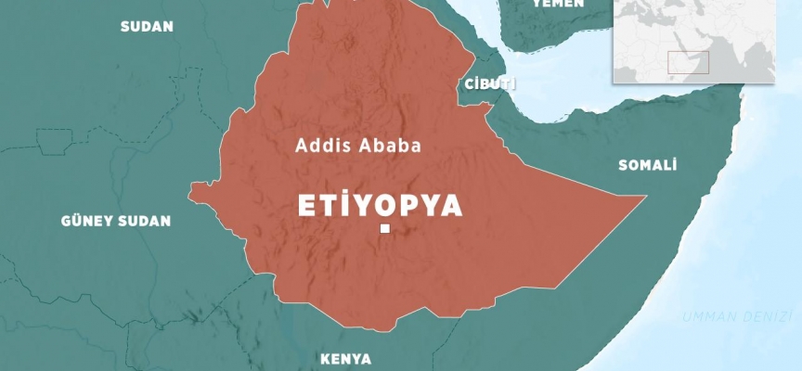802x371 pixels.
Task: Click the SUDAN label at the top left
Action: [x=147, y=26]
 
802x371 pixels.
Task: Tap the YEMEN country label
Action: [x=557, y=4]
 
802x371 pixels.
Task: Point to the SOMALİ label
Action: [x=647, y=165]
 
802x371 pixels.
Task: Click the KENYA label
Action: [x=345, y=358]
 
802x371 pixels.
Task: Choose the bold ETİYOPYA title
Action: [x=380, y=206]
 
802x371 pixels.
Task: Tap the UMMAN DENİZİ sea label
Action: [x=737, y=317]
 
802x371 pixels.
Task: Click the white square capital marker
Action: [x=383, y=229]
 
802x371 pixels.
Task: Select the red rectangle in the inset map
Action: [x=688, y=62]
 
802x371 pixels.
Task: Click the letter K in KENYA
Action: [x=324, y=358]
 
